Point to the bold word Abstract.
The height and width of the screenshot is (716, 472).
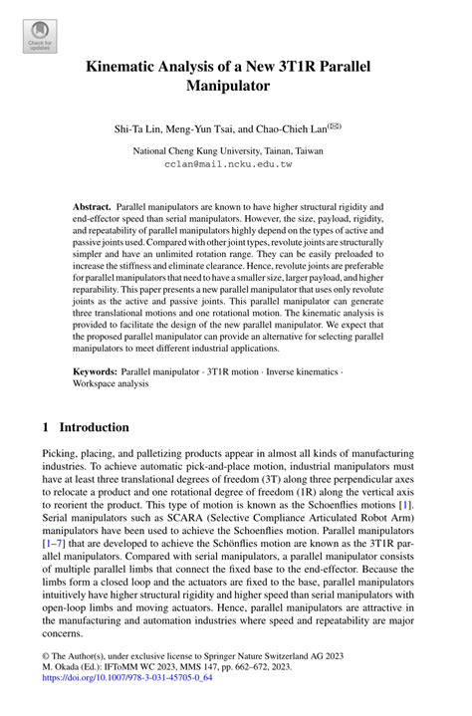point(92,205)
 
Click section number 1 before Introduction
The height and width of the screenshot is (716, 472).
point(46,427)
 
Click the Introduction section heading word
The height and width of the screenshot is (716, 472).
point(95,427)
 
